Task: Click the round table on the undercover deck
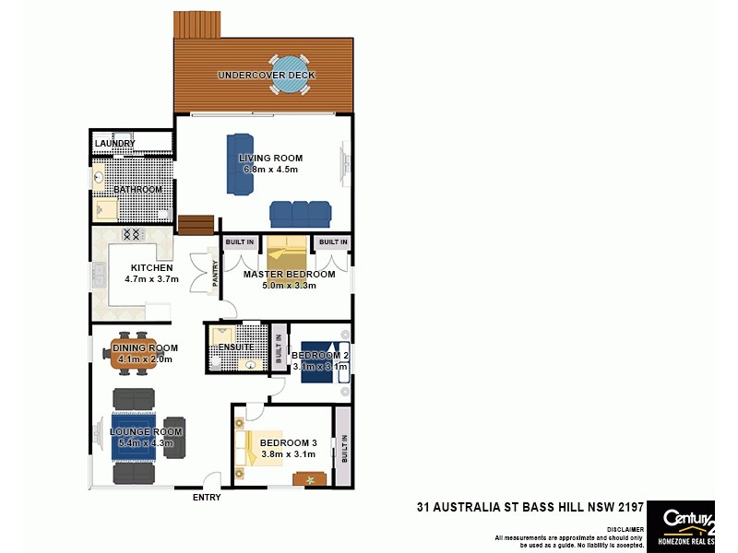[x=291, y=76]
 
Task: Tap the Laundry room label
[x=115, y=144]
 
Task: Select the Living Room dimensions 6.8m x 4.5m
[x=270, y=170]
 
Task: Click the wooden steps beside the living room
[x=196, y=225]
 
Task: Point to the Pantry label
[x=215, y=276]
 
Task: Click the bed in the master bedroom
[x=285, y=258]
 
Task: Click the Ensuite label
[x=236, y=347]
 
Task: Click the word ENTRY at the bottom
[x=207, y=498]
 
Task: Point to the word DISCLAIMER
[x=625, y=529]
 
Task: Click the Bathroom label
[x=137, y=190]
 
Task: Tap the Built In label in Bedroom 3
[x=343, y=449]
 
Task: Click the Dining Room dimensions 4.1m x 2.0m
[x=146, y=359]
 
